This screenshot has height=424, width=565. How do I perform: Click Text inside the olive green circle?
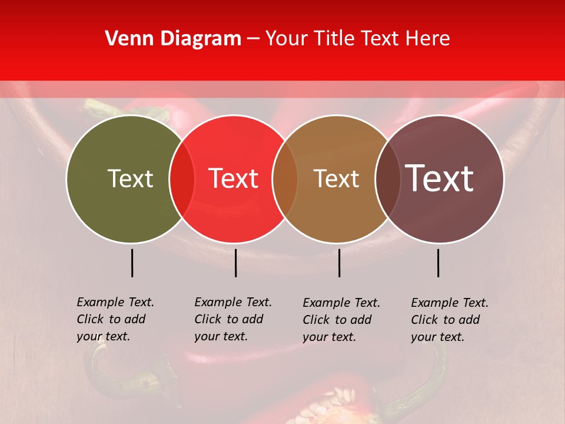click(x=130, y=178)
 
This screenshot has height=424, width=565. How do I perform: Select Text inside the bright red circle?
click(x=233, y=178)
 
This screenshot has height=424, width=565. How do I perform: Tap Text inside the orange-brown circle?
click(x=336, y=178)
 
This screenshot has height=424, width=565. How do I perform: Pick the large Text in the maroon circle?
click(x=440, y=178)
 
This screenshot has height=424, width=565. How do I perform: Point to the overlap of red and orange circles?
click(x=285, y=179)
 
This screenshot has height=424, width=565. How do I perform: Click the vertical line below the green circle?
click(x=132, y=263)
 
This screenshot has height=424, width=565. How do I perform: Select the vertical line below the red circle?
click(x=235, y=263)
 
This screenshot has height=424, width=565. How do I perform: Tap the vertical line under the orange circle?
click(x=339, y=263)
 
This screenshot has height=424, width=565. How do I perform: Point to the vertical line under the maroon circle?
click(x=438, y=263)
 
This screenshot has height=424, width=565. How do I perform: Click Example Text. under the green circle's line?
click(x=115, y=302)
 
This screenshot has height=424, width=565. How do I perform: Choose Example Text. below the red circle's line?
click(x=233, y=302)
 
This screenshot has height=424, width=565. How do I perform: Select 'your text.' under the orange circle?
click(x=330, y=337)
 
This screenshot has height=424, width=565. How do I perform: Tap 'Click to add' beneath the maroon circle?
click(x=446, y=320)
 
